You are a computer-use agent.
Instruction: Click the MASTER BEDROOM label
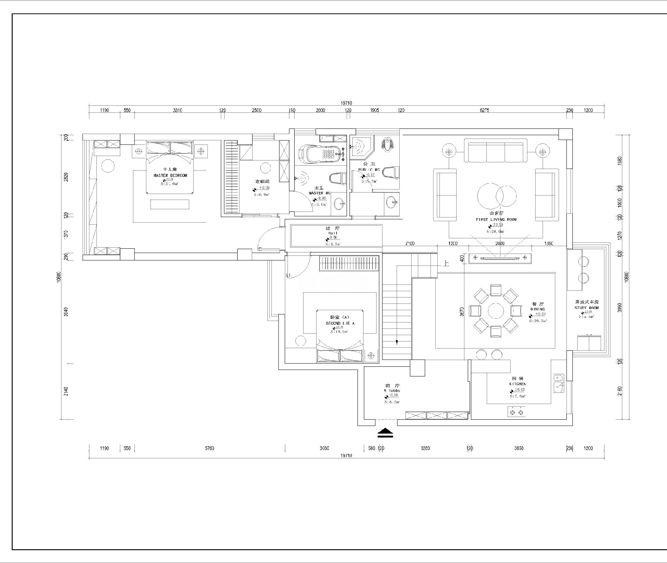pyautogui.click(x=170, y=175)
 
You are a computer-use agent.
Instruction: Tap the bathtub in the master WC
pyautogui.click(x=323, y=153)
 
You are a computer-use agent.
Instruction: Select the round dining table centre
pyautogui.click(x=495, y=310)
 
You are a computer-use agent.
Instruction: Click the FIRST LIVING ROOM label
pyautogui.click(x=496, y=220)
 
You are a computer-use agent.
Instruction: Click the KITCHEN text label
pyautogui.click(x=518, y=384)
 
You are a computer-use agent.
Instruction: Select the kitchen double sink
pyautogui.click(x=558, y=383)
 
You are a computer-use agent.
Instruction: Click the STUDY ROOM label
pyautogui.click(x=587, y=308)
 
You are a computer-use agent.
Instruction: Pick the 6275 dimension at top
pyautogui.click(x=484, y=110)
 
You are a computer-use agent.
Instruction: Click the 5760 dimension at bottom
pyautogui.click(x=209, y=448)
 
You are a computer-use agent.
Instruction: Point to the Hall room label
pyautogui.click(x=333, y=233)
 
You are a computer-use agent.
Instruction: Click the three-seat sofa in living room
pyautogui.click(x=496, y=151)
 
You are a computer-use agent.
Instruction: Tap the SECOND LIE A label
pyautogui.click(x=340, y=323)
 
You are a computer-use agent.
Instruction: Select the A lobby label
pyautogui.click(x=391, y=391)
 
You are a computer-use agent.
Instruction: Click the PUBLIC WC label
pyautogui.click(x=369, y=169)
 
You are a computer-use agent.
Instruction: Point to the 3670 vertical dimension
pyautogui.click(x=462, y=311)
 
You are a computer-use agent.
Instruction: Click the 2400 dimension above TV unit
pyautogui.click(x=500, y=244)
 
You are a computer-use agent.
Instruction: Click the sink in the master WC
pyautogui.click(x=339, y=203)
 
